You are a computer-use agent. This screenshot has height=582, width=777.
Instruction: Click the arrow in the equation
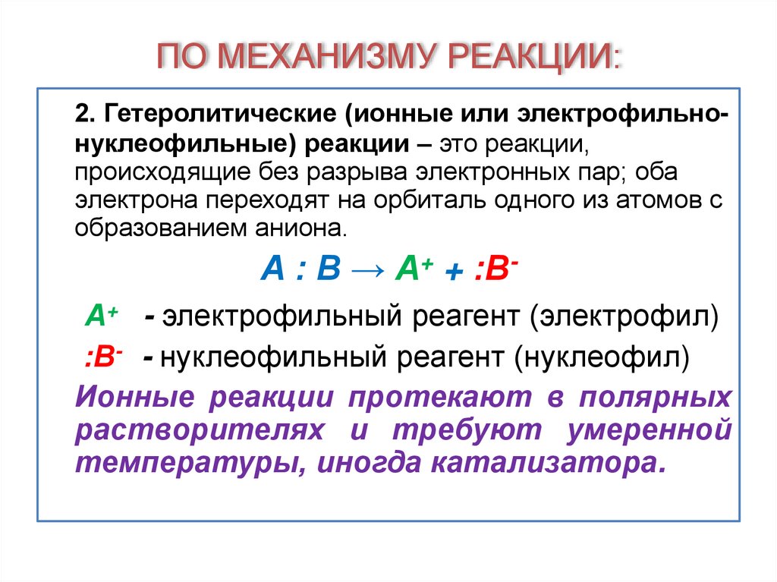click(368, 270)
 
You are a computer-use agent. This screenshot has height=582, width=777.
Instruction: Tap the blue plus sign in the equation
click(455, 272)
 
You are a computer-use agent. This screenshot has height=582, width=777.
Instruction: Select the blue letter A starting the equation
click(271, 270)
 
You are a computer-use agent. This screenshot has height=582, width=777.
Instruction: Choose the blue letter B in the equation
click(329, 270)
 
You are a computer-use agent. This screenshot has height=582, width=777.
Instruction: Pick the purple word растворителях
click(200, 429)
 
